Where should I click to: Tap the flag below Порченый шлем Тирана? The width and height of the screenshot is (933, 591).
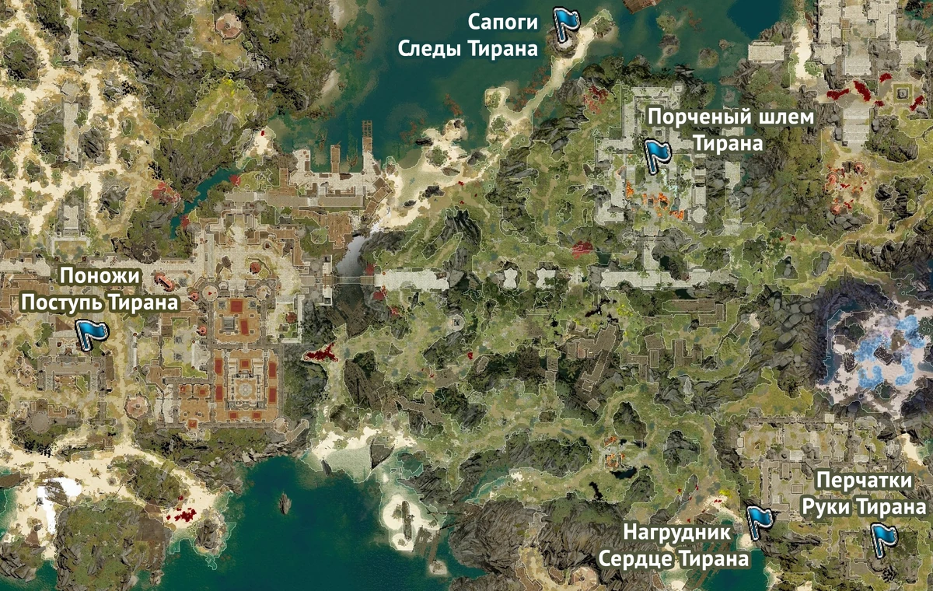point(657,152)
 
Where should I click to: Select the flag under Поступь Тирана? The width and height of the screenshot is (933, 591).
point(92,334)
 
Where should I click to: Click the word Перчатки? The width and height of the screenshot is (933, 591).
point(863,482)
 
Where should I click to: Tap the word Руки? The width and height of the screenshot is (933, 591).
point(827,507)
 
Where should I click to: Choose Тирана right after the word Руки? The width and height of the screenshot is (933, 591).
point(891,507)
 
